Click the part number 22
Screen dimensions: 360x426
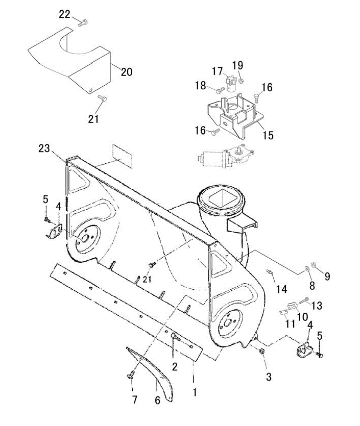click(65, 14)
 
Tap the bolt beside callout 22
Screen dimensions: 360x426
click(82, 23)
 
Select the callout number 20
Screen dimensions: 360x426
click(127, 72)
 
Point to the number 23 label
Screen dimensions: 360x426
click(44, 148)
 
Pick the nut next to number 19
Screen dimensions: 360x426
click(241, 81)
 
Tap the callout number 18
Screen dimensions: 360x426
click(200, 86)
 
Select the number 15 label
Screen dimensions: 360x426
click(268, 135)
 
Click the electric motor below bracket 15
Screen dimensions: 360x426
click(226, 158)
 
